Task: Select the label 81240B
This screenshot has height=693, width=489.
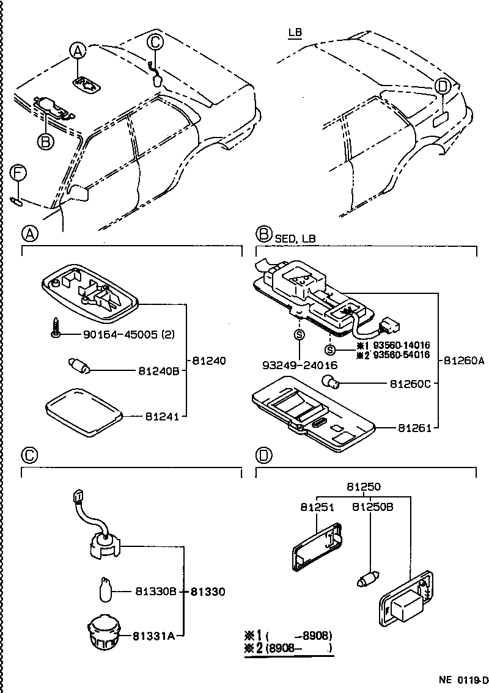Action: (158, 370)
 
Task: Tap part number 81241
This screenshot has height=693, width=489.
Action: (161, 417)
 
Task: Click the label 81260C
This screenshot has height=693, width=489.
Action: (410, 383)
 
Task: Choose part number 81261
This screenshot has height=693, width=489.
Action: (414, 428)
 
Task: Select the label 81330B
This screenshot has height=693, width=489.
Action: (155, 591)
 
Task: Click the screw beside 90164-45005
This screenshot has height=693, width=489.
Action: (54, 328)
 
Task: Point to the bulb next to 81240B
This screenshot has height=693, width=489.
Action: (79, 368)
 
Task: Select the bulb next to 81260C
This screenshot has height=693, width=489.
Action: (332, 383)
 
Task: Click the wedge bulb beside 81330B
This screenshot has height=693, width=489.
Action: (105, 591)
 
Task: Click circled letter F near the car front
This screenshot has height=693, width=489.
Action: (18, 174)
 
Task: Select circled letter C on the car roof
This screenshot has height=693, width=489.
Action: (155, 42)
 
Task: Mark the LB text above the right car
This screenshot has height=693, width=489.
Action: (295, 32)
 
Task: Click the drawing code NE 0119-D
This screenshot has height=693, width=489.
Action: (463, 680)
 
